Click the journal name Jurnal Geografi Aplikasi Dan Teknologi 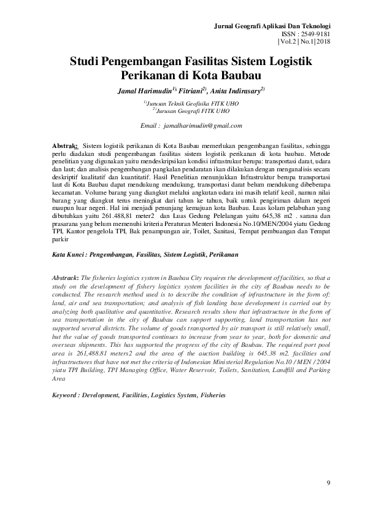point(272,26)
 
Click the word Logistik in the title point(288,62)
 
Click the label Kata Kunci point(69,254)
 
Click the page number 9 point(329,484)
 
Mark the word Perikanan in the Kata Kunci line point(221,254)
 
